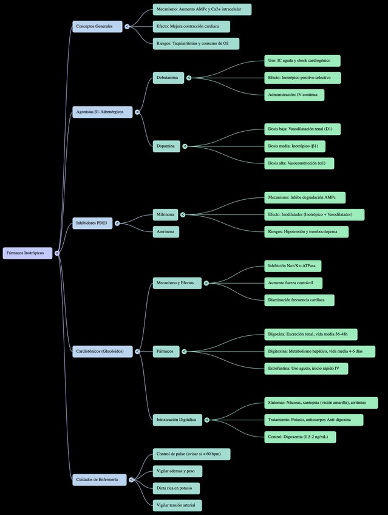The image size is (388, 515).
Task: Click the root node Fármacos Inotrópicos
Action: coord(27,253)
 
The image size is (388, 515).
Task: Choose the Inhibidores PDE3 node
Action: coord(94,223)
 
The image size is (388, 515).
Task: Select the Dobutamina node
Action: coord(168,78)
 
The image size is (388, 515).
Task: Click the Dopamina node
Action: coord(166,146)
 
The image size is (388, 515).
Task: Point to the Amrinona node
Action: coord(166,231)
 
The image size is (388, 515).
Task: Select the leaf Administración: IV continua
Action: coord(294,95)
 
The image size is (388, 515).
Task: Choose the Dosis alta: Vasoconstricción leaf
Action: coord(299,163)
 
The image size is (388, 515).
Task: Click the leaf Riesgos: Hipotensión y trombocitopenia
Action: coord(306,231)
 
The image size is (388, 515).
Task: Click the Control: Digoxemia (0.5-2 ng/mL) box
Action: coord(299,437)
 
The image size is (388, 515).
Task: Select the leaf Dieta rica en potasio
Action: coord(176,488)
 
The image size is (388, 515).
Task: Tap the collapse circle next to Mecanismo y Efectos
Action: coord(206,283)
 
